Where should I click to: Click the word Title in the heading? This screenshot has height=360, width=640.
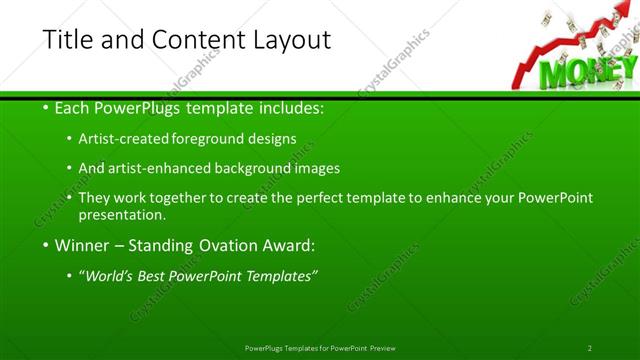[68, 40]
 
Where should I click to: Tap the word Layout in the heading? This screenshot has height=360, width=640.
[289, 41]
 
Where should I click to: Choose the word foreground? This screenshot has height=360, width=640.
[213, 138]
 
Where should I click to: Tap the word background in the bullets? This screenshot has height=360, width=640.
[260, 168]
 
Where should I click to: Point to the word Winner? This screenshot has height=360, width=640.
[83, 245]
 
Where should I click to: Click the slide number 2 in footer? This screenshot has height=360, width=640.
[590, 348]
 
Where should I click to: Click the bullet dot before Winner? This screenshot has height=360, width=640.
[47, 245]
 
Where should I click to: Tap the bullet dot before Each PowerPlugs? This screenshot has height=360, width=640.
[47, 107]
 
